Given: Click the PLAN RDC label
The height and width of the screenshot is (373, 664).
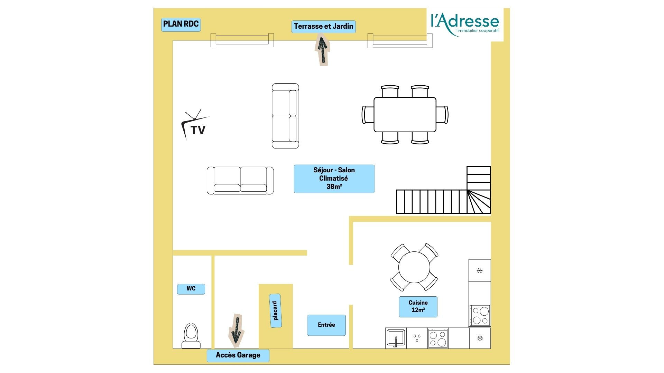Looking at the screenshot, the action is [181, 24].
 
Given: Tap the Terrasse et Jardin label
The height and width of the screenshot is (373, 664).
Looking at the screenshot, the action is [323, 26].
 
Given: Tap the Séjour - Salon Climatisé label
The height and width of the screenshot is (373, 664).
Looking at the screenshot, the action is [334, 179].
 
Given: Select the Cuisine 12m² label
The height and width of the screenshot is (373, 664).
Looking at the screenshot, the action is [418, 307].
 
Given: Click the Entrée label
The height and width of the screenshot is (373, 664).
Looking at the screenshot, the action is [326, 325].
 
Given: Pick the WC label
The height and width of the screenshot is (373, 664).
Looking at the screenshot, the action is [191, 289].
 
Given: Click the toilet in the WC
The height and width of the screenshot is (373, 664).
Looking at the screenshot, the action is [191, 336].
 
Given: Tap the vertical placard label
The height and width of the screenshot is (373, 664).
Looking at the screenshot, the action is [275, 310].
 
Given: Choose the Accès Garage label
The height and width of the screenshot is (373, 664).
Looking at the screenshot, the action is [238, 355].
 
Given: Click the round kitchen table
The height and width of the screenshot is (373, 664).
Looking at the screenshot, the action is [414, 267].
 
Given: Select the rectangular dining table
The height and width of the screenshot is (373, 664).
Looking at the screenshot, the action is [405, 114].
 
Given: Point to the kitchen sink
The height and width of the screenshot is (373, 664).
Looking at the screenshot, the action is [396, 338].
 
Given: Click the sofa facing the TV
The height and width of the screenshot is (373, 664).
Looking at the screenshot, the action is [285, 116].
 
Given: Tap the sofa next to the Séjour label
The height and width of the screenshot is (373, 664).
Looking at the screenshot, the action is [240, 180].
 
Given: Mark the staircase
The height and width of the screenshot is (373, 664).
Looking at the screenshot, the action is [444, 190].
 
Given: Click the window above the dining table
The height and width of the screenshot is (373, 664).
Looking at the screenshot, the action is [400, 40].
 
